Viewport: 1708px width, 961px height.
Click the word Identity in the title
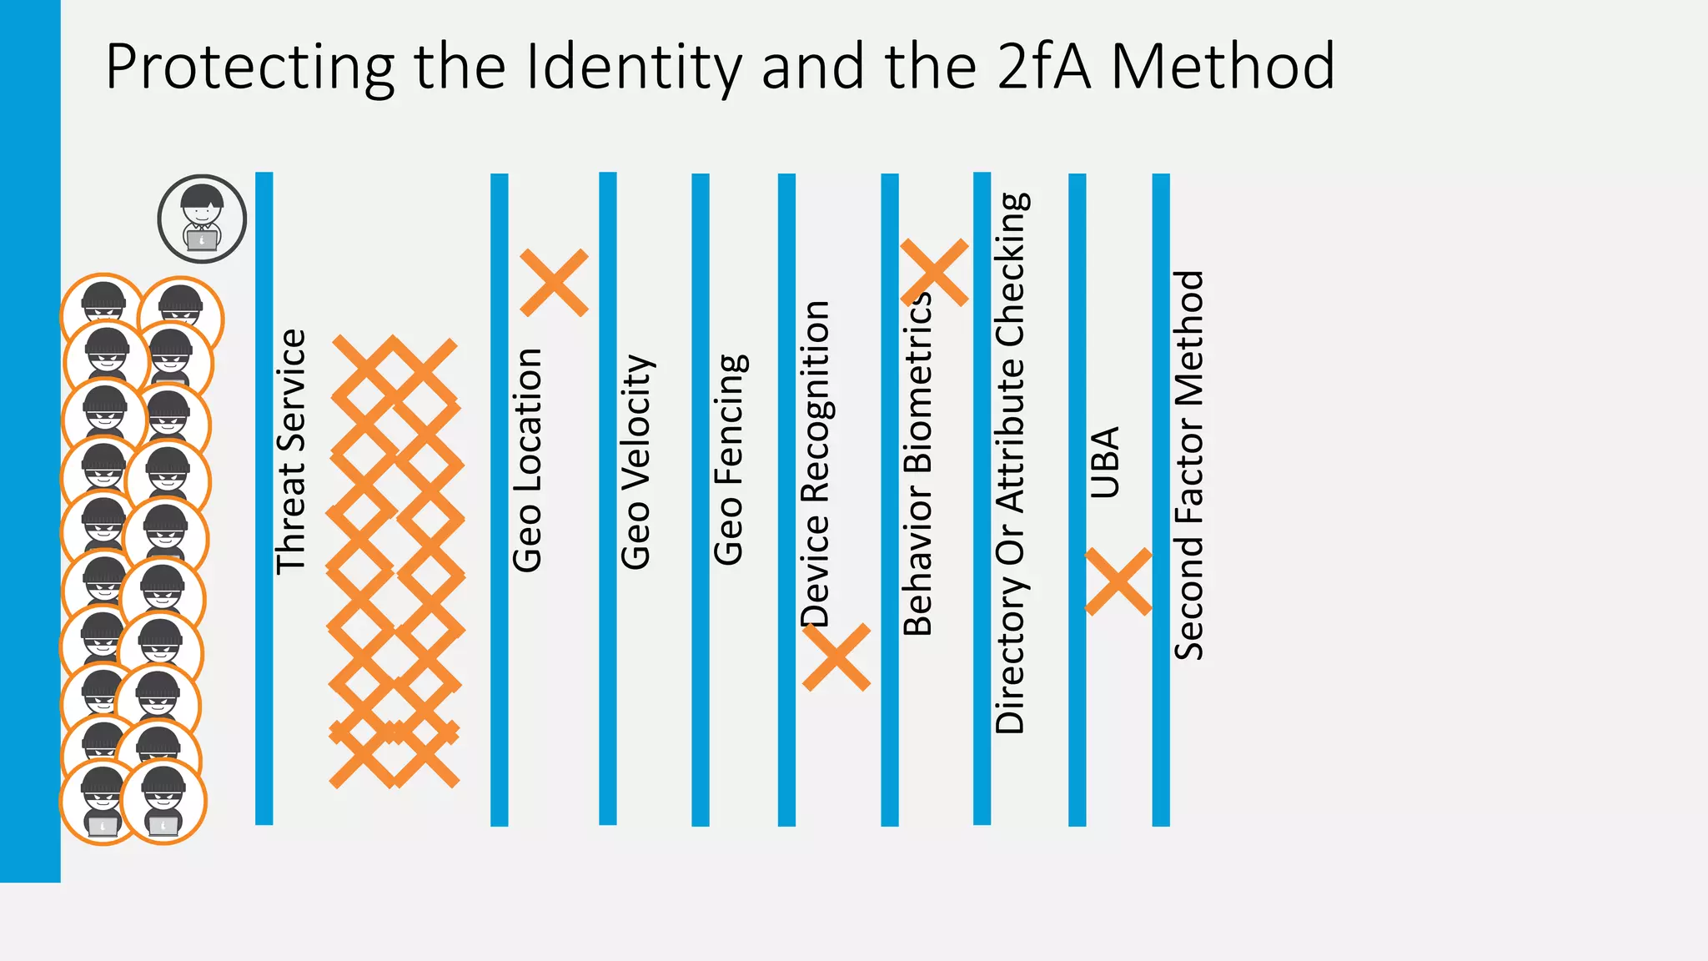tap(633, 67)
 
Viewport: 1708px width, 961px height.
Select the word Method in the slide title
tap(1223, 67)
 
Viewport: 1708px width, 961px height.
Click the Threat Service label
tap(291, 451)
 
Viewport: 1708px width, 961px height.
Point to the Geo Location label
tap(527, 460)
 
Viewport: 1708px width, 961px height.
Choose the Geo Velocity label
tap(636, 462)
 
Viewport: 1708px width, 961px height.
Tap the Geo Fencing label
tap(730, 460)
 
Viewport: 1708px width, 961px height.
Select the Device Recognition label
tap(815, 464)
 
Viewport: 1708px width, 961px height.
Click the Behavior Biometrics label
tap(917, 464)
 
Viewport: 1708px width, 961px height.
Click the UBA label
tap(1105, 463)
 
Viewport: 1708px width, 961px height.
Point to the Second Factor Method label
tap(1189, 465)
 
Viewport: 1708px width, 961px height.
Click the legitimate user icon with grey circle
tap(202, 219)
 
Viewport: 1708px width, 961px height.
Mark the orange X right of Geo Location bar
tap(554, 282)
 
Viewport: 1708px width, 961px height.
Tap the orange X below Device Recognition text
tap(836, 657)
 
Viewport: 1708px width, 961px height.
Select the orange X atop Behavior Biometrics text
tap(934, 272)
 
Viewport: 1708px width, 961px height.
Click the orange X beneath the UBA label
tap(1118, 581)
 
